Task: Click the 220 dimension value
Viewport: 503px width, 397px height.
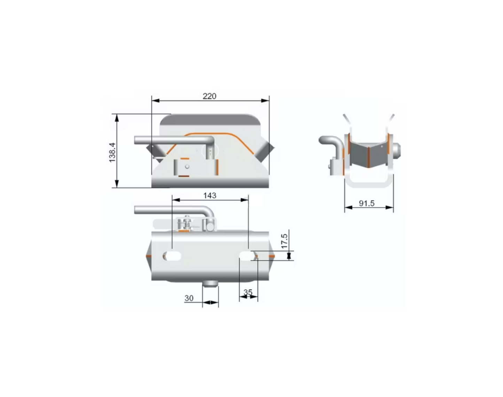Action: [x=210, y=96]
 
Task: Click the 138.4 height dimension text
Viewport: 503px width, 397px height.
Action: [x=112, y=152]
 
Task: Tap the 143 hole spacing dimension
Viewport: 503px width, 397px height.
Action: [x=210, y=196]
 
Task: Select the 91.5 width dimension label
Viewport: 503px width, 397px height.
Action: [x=367, y=204]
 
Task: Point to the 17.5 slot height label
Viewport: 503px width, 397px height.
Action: [x=284, y=241]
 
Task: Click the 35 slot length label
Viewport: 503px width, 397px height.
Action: [x=248, y=292]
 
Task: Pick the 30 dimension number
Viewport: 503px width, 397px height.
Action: [x=189, y=298]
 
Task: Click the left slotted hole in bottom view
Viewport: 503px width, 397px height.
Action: [x=172, y=256]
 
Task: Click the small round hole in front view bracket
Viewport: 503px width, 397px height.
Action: [x=187, y=167]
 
